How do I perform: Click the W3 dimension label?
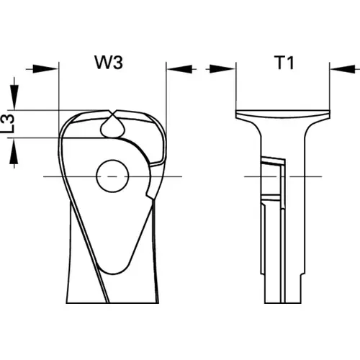tap(109, 63)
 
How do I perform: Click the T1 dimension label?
tap(285, 63)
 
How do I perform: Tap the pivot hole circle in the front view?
tap(112, 176)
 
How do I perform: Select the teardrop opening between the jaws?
tap(113, 127)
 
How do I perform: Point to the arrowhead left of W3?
tap(45, 69)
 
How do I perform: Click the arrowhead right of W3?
tap(179, 69)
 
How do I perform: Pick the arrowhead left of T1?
tap(222, 69)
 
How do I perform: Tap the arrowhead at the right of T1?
tap(343, 69)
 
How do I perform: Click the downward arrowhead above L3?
tap(14, 97)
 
